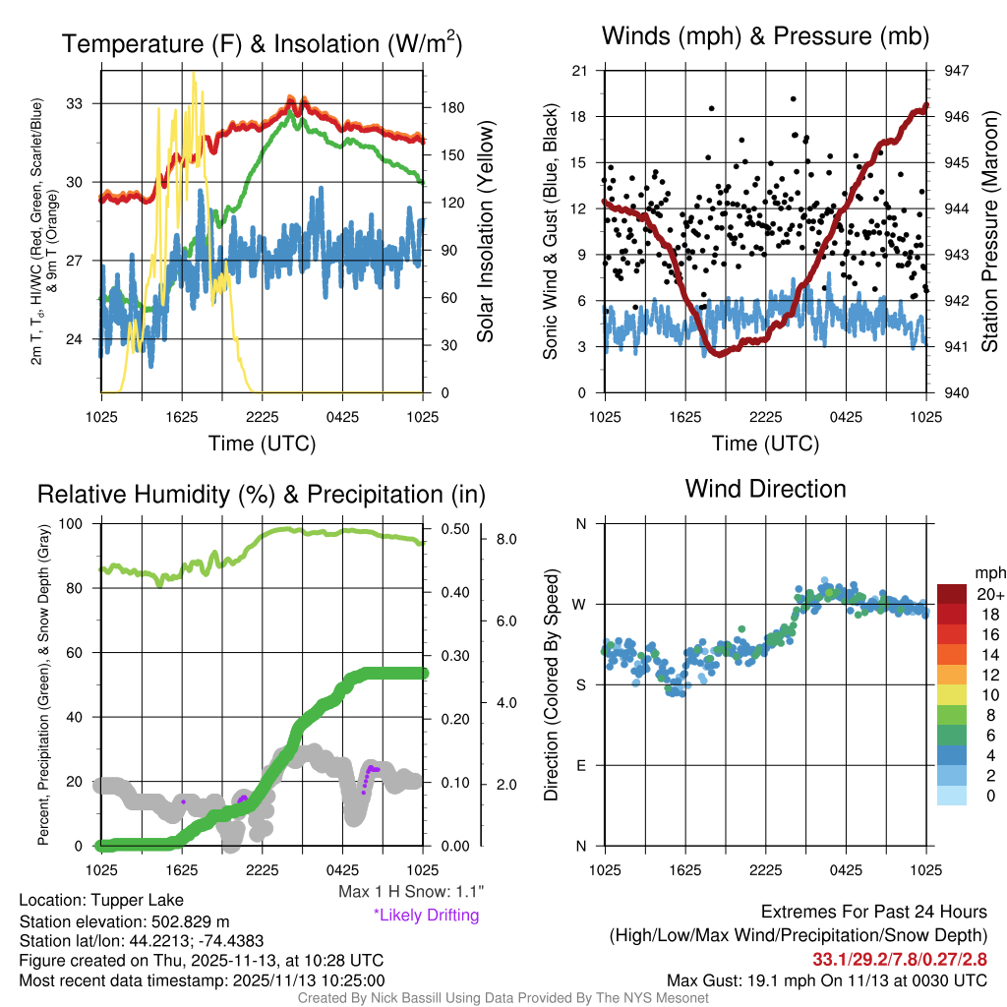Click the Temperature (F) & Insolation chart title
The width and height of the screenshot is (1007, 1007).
pos(262,43)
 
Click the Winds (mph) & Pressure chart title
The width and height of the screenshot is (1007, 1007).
pos(765,36)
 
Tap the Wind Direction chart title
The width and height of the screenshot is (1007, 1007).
pos(765,488)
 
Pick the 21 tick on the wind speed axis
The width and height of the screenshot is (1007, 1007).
pos(580,71)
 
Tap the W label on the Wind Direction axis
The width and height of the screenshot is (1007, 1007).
pos(581,604)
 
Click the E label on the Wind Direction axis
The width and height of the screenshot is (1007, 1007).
pos(581,765)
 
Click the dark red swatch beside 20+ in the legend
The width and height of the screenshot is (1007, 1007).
pos(952,594)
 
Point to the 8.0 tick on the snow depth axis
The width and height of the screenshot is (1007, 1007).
pos(506,540)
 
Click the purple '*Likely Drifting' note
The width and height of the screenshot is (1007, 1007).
pos(426,916)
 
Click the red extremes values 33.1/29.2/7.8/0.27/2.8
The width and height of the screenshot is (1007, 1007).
pos(899,958)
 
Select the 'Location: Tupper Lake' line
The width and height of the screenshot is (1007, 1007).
pos(101,901)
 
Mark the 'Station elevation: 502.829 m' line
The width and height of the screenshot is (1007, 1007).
pos(124,921)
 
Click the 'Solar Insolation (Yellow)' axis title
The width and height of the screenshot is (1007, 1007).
pos(485,232)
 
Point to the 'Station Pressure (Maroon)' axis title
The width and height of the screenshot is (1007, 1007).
pos(990,232)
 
